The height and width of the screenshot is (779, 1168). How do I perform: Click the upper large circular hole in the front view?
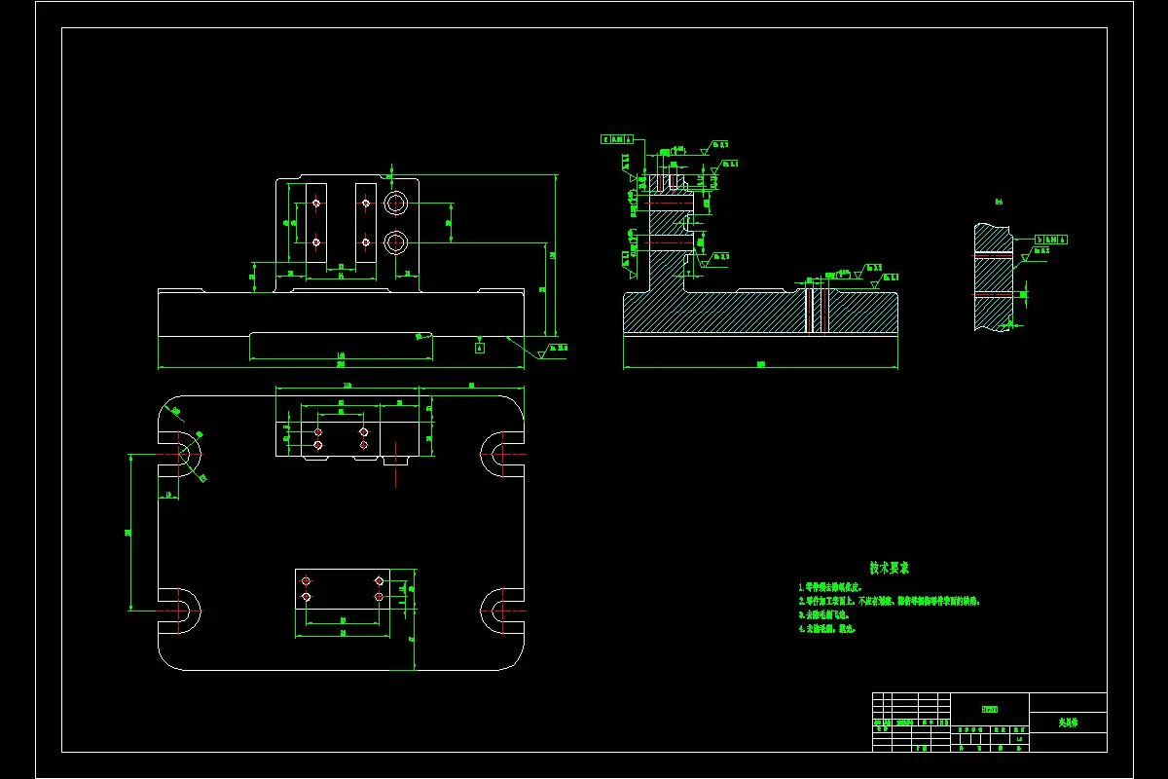395,204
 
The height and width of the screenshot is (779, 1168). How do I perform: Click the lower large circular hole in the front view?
395,241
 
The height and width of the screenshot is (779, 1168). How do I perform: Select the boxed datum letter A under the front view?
480,346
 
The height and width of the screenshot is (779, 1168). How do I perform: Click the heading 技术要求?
890,567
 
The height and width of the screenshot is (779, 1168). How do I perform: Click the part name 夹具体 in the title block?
1068,723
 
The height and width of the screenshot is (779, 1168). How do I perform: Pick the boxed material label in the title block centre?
989,708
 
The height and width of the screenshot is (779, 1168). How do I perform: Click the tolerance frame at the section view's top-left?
617,139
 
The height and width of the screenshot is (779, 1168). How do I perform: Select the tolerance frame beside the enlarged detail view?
1050,239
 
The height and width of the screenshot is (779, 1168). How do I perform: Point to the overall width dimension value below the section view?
759,364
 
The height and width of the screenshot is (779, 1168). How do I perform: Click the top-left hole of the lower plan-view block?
307,580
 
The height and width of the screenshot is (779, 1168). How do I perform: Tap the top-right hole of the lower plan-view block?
379,580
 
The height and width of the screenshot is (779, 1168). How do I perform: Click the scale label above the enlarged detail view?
999,202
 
